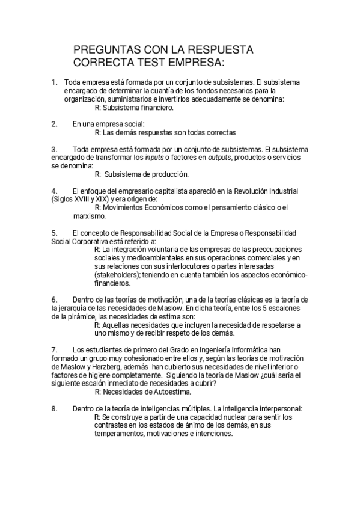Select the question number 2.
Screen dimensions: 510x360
(x=54, y=124)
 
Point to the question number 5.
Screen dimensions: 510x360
(x=54, y=232)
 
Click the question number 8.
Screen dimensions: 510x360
(x=54, y=408)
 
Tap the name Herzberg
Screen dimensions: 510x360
(x=105, y=366)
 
